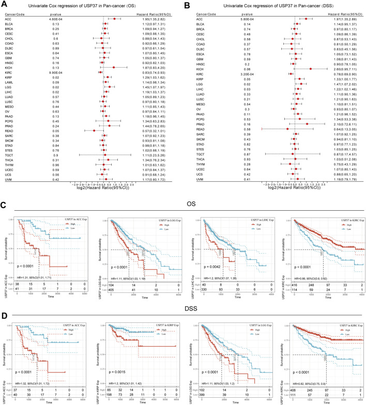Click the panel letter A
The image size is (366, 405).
coord(5,5)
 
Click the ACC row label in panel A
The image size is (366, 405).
coord(9,19)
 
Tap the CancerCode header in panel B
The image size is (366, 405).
coord(198,14)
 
